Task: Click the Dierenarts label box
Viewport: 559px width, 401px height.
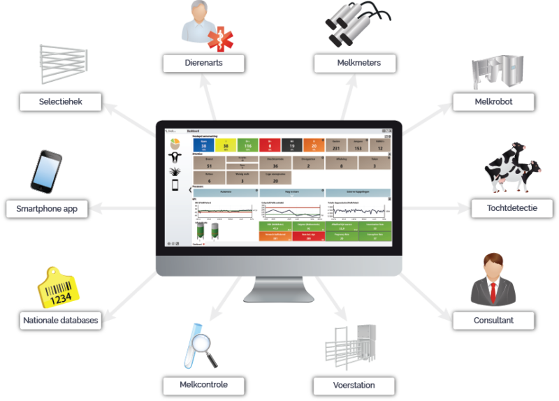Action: pyautogui.click(x=204, y=64)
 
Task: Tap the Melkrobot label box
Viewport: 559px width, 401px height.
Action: pyautogui.click(x=494, y=102)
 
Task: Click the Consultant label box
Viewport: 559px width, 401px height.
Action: pyautogui.click(x=494, y=321)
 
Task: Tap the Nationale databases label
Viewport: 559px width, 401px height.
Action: pyautogui.click(x=59, y=321)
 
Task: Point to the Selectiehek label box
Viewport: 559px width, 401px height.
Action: pyautogui.click(x=61, y=102)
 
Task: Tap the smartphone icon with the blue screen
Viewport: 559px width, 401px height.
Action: pyautogui.click(x=46, y=172)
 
